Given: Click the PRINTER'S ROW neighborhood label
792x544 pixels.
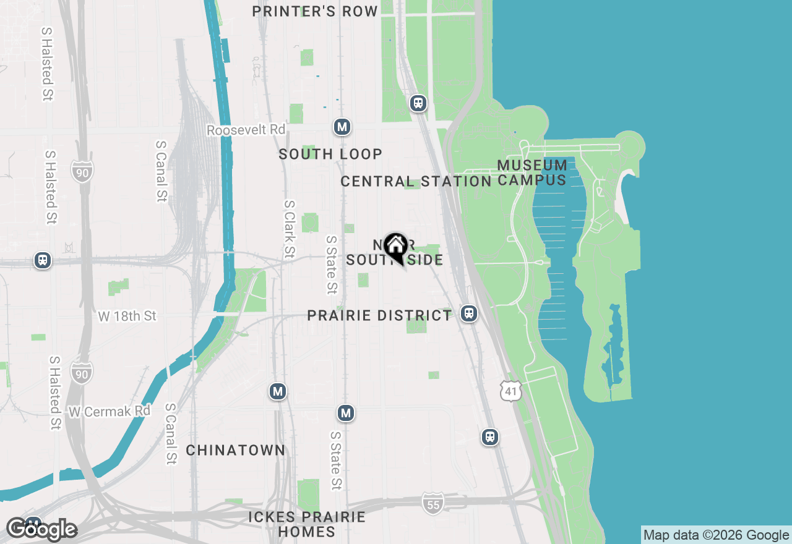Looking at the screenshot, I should pyautogui.click(x=315, y=11).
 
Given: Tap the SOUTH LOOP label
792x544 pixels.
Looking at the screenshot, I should pyautogui.click(x=330, y=154).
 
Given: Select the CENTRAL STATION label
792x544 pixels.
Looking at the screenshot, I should pyautogui.click(x=416, y=181).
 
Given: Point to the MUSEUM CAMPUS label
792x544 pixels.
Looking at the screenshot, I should pyautogui.click(x=532, y=172).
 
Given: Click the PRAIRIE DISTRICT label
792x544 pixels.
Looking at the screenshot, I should pyautogui.click(x=380, y=315).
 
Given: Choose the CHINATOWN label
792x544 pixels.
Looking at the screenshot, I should pyautogui.click(x=236, y=450).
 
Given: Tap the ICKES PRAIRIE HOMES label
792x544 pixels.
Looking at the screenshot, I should pyautogui.click(x=307, y=524).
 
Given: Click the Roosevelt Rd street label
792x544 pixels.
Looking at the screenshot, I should pyautogui.click(x=246, y=130).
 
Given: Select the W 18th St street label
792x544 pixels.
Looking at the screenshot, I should pyautogui.click(x=127, y=316).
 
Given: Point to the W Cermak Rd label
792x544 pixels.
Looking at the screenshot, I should pyautogui.click(x=110, y=410).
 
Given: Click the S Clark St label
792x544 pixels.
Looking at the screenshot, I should pyautogui.click(x=290, y=229).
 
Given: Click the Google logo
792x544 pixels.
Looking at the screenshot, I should pyautogui.click(x=41, y=529).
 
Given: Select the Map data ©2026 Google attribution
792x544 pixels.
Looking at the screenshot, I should pyautogui.click(x=716, y=535).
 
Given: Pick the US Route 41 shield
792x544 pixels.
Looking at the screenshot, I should pyautogui.click(x=512, y=391).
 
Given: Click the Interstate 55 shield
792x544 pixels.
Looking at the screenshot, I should pyautogui.click(x=433, y=504).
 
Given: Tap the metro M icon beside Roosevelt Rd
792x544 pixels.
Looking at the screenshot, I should pyautogui.click(x=342, y=127).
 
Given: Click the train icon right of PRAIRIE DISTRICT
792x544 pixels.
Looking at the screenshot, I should pyautogui.click(x=469, y=313).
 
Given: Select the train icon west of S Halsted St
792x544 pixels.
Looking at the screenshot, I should pyautogui.click(x=43, y=260).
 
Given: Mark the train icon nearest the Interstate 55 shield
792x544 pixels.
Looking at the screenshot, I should pyautogui.click(x=490, y=437).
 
